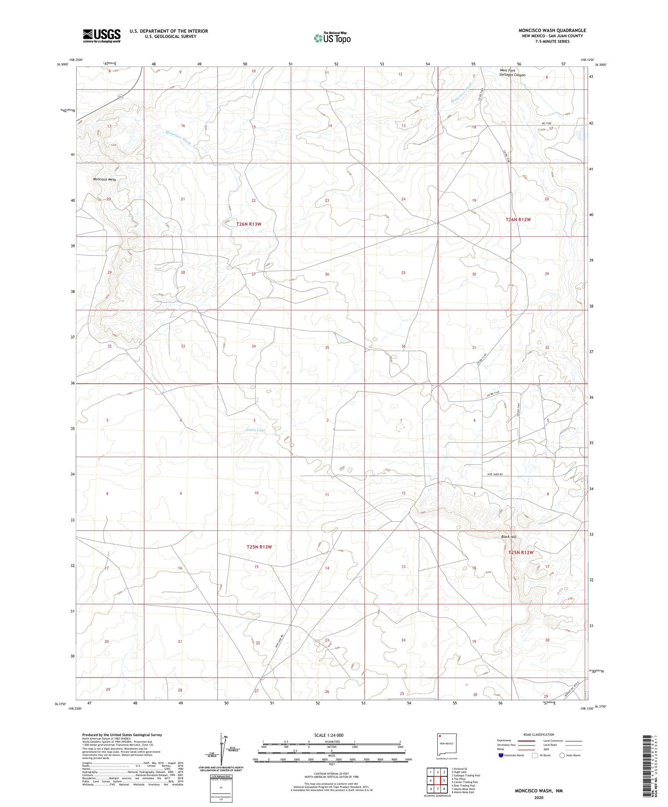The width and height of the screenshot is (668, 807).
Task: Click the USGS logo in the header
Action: (x=102, y=36)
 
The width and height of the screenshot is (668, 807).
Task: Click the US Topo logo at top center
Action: (x=332, y=38)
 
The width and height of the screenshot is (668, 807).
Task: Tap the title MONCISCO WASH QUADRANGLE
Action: (x=552, y=30)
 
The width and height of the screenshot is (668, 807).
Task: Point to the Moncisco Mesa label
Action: (x=104, y=179)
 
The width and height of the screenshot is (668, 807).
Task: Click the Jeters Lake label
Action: (x=255, y=430)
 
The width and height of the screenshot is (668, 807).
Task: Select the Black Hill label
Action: (x=508, y=537)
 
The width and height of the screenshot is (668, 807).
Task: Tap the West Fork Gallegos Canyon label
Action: (x=512, y=73)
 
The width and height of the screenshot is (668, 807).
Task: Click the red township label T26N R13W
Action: (x=248, y=224)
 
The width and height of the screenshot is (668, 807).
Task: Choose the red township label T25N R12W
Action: (x=521, y=552)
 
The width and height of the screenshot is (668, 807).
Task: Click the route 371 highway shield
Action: (x=120, y=97)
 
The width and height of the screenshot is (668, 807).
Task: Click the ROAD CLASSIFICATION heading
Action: (x=538, y=734)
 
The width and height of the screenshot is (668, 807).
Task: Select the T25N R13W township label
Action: (x=259, y=547)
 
